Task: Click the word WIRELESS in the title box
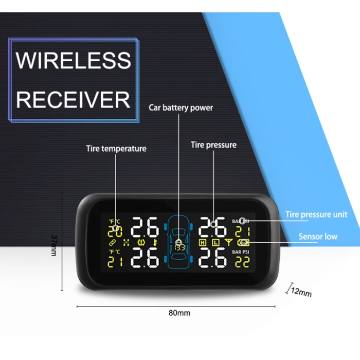(74, 60)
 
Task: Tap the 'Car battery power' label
(181, 108)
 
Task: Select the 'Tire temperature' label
(116, 149)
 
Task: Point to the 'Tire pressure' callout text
(213, 145)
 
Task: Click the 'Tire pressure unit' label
(316, 214)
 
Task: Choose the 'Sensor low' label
(318, 237)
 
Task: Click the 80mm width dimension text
(180, 313)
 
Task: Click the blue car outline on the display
(179, 242)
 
